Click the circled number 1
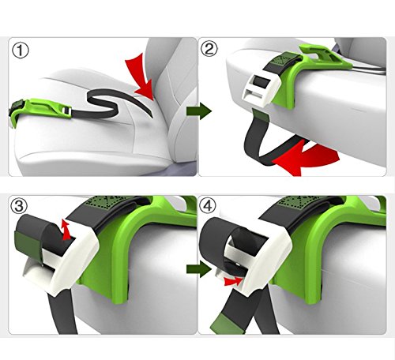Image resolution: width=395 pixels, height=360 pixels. pos(21,51)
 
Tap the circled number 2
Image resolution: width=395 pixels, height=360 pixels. pos(209,49)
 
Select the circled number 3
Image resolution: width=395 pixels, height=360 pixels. pos(19,206)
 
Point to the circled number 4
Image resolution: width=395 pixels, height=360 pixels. pos(208,206)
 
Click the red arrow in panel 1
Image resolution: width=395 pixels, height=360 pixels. pos(141,79)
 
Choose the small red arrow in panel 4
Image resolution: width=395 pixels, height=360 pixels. pos(233,281)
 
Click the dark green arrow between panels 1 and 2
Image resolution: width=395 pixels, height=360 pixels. pos(199,111)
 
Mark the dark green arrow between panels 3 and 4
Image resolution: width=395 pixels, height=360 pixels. pos(199,269)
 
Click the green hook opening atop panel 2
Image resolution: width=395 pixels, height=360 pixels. pos(315,53)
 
